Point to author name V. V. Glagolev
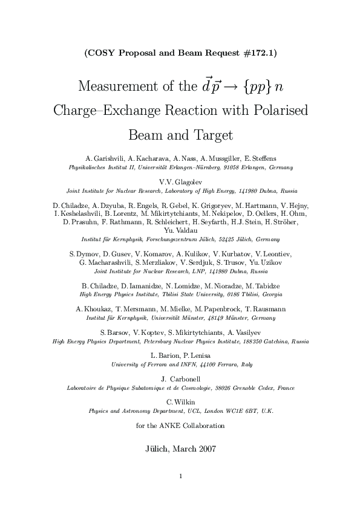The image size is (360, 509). coord(180,181)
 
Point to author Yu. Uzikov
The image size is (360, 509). coord(265,262)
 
